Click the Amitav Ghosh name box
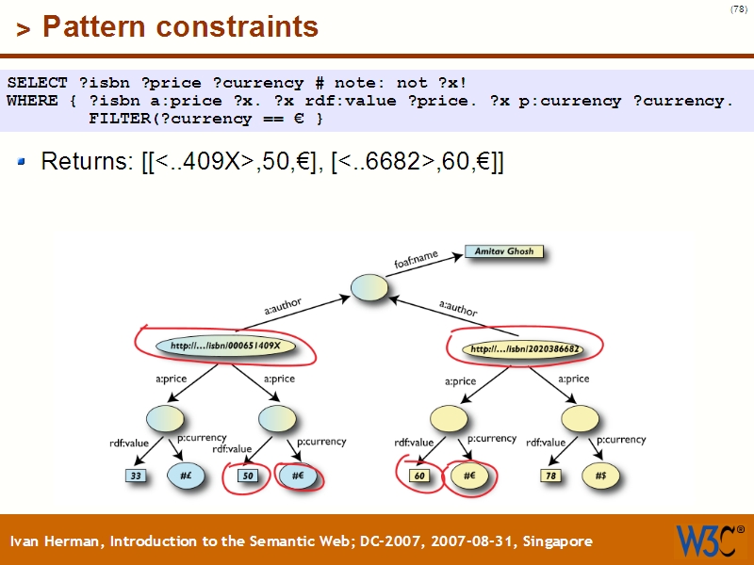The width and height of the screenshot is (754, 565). [x=505, y=252]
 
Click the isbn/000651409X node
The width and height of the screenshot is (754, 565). [x=226, y=347]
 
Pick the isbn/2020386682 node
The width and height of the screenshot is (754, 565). [x=524, y=349]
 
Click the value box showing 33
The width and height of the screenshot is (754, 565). [x=137, y=476]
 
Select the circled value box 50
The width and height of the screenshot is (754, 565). [x=248, y=476]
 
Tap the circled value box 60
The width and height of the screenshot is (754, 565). [x=420, y=476]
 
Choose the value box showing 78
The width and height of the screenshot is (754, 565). [x=551, y=476]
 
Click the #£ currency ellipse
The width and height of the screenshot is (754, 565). [x=187, y=476]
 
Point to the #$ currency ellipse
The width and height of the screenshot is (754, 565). [x=600, y=476]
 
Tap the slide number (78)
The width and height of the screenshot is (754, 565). [x=738, y=9]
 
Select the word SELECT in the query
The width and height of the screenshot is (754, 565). [x=37, y=83]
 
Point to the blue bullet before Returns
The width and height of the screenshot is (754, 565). [x=23, y=163]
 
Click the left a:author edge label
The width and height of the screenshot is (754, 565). [x=283, y=306]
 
